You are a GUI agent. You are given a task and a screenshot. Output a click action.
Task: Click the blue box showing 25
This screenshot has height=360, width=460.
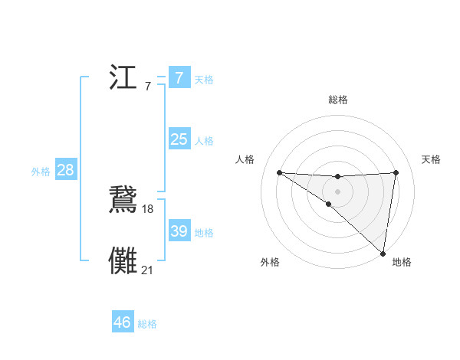[x=179, y=139]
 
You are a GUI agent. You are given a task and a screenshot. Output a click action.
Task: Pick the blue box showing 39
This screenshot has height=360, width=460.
[x=179, y=231]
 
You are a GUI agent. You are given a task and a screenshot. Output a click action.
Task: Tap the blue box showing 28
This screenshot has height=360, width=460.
[x=65, y=170]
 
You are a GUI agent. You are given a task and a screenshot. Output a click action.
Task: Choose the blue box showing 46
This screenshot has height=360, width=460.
[x=122, y=322]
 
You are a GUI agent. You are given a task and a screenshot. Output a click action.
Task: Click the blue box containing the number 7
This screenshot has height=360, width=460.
[x=179, y=78]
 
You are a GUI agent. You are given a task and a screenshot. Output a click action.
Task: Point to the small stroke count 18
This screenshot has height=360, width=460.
[x=148, y=209]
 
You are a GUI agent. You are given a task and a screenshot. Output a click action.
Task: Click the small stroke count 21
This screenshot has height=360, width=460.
[x=148, y=270]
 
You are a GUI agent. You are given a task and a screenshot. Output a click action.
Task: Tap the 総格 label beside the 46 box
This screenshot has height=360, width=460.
[x=147, y=324]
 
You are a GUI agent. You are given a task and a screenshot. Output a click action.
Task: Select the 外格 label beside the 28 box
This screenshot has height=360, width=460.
[x=41, y=172]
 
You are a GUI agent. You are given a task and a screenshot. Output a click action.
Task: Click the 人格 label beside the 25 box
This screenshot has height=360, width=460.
[x=204, y=141]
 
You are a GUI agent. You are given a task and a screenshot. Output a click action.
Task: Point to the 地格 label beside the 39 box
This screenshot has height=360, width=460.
[x=204, y=233]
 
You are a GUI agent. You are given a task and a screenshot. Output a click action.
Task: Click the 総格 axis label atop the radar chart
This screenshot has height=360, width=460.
[x=337, y=100]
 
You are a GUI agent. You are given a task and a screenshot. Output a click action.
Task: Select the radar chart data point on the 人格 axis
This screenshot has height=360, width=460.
[x=279, y=172]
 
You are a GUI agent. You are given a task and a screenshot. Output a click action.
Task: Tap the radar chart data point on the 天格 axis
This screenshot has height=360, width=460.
[x=396, y=172]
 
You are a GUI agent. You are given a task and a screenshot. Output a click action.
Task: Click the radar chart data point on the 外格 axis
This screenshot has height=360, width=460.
[x=328, y=204]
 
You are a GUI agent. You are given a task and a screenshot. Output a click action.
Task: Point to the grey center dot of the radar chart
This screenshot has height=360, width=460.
[x=337, y=191]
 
